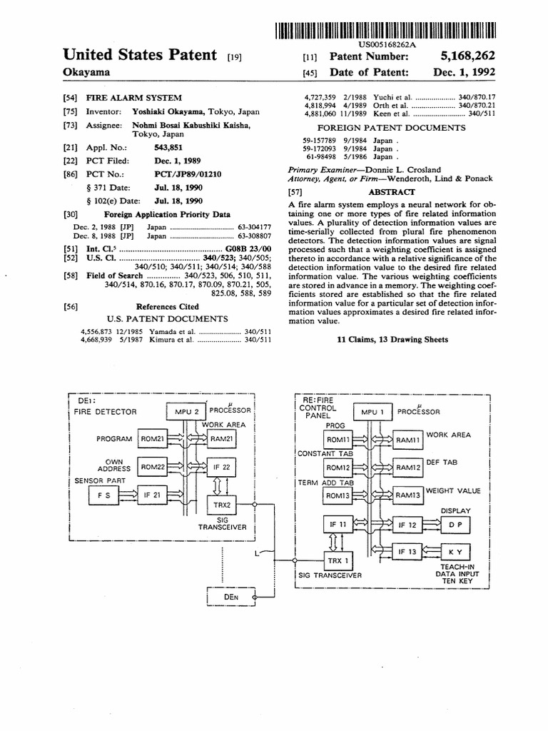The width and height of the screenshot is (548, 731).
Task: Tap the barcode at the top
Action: (x=385, y=30)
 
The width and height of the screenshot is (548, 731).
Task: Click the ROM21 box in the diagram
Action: (x=155, y=439)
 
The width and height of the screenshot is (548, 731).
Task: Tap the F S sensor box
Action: (x=104, y=494)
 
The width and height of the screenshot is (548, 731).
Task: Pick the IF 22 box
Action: (x=221, y=467)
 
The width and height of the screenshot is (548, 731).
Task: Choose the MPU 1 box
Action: (x=373, y=412)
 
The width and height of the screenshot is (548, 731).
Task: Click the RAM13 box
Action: (x=408, y=495)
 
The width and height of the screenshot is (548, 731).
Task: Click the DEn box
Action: (x=230, y=596)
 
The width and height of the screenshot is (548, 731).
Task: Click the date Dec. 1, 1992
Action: (x=464, y=72)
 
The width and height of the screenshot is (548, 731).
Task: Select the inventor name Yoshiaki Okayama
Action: (x=168, y=112)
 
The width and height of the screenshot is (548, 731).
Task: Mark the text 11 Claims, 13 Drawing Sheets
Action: (x=392, y=340)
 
